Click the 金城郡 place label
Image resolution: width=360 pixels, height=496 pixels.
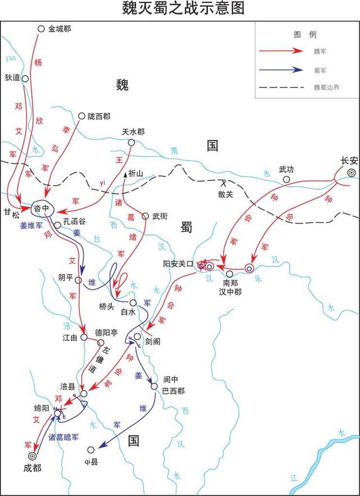pyautogui.click(x=60, y=28)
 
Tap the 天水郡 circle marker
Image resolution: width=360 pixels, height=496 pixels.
pyautogui.click(x=131, y=143)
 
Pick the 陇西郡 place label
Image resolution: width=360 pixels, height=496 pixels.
pyautogui.click(x=99, y=116)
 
